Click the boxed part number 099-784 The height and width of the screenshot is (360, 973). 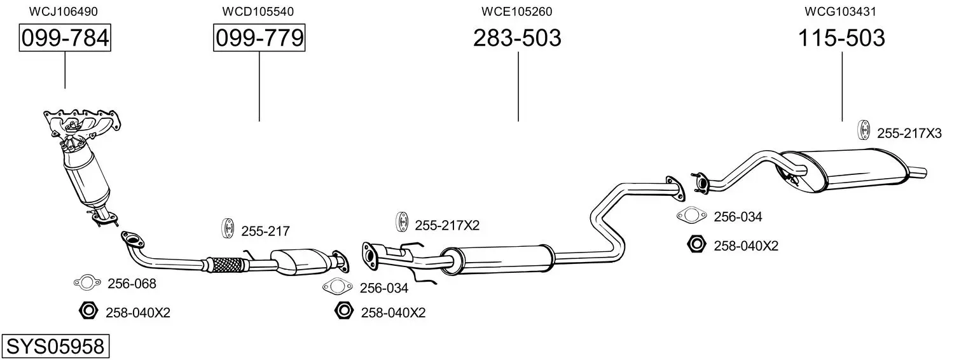click(65, 38)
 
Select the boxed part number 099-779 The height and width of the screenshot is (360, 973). click(259, 38)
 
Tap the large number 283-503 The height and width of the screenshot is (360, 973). click(517, 38)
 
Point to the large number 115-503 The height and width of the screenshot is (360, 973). click(841, 38)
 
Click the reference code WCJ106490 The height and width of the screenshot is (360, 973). click(64, 11)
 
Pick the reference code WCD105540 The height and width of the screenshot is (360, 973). click(258, 11)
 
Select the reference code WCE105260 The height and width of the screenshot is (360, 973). click(517, 11)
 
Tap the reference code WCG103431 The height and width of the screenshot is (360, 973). click(841, 11)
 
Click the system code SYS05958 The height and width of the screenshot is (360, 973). click(55, 347)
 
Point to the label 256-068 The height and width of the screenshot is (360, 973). click(132, 284)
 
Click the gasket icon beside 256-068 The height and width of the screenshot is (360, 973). click(87, 283)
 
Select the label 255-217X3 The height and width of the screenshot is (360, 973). click(909, 134)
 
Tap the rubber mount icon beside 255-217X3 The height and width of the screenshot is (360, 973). click(864, 129)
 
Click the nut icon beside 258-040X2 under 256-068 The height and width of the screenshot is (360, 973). click(88, 311)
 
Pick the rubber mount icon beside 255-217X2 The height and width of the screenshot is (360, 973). click(402, 223)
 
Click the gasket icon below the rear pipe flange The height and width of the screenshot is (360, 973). click(691, 215)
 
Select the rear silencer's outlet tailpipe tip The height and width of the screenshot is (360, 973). click(925, 173)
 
